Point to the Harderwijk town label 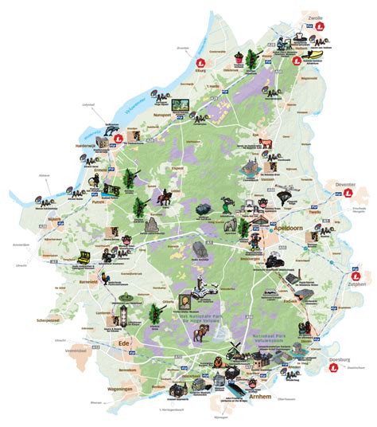click(80, 145)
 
